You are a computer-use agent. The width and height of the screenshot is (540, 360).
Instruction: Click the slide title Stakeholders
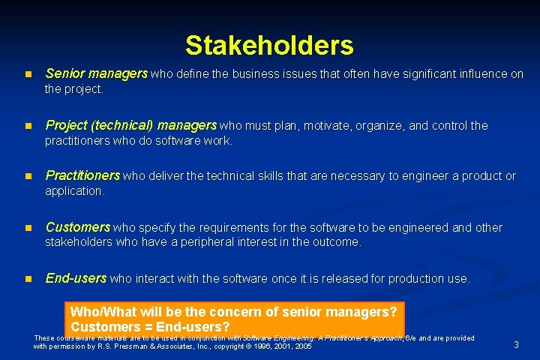pos(269,46)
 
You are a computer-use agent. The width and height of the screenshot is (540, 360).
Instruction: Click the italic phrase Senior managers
pos(97,73)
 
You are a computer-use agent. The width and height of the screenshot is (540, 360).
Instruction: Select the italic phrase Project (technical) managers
pos(130,125)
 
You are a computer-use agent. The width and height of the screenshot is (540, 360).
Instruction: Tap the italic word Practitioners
pos(82,175)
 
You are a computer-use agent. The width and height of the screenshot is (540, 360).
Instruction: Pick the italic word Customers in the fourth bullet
pos(78,227)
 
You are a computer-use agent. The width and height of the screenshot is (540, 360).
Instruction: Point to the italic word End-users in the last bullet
pos(76,278)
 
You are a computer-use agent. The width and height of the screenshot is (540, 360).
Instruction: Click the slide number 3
pos(516,344)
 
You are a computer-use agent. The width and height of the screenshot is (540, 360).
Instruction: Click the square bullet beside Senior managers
pos(28,74)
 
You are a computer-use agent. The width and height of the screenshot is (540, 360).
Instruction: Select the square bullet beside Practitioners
pos(28,176)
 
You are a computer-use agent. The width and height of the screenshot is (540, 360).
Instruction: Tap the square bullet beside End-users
pos(28,279)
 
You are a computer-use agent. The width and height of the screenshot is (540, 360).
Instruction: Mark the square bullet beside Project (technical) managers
pos(28,126)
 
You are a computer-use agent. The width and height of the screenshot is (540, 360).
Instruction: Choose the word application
pos(73,191)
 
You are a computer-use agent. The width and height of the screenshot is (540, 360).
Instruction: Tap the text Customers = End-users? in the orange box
pos(150,327)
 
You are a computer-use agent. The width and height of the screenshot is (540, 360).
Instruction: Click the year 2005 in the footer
pos(303,346)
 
